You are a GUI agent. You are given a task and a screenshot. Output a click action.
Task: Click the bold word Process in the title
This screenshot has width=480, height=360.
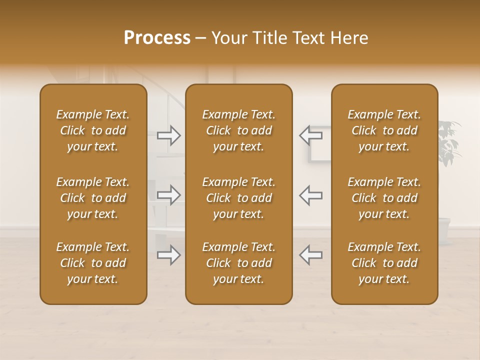click(157, 37)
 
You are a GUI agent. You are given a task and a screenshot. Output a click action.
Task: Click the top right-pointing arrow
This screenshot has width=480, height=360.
click(169, 135)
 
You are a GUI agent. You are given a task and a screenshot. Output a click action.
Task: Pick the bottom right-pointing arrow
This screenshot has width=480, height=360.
click(169, 255)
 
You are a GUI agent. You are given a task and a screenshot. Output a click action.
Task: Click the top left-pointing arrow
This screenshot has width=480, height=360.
click(310, 134)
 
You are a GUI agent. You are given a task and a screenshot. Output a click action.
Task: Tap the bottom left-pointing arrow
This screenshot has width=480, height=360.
click(310, 255)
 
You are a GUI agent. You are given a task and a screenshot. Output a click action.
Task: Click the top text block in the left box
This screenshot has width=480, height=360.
click(93, 130)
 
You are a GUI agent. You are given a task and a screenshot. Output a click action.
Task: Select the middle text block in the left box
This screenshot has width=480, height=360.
click(93, 198)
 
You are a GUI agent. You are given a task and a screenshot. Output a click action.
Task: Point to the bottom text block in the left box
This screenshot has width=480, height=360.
click(93, 263)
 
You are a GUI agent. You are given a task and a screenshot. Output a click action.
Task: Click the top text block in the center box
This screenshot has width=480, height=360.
click(239, 130)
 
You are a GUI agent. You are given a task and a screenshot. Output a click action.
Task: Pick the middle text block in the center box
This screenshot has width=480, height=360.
click(239, 198)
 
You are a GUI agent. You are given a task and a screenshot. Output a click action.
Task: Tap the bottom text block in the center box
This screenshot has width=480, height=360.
click(239, 263)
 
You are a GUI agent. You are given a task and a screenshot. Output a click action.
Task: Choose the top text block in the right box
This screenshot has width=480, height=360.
click(384, 130)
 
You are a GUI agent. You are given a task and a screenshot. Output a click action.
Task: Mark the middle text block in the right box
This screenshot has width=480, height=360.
click(384, 198)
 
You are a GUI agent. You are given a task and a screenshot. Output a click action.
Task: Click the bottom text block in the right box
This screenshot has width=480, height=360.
click(384, 263)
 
